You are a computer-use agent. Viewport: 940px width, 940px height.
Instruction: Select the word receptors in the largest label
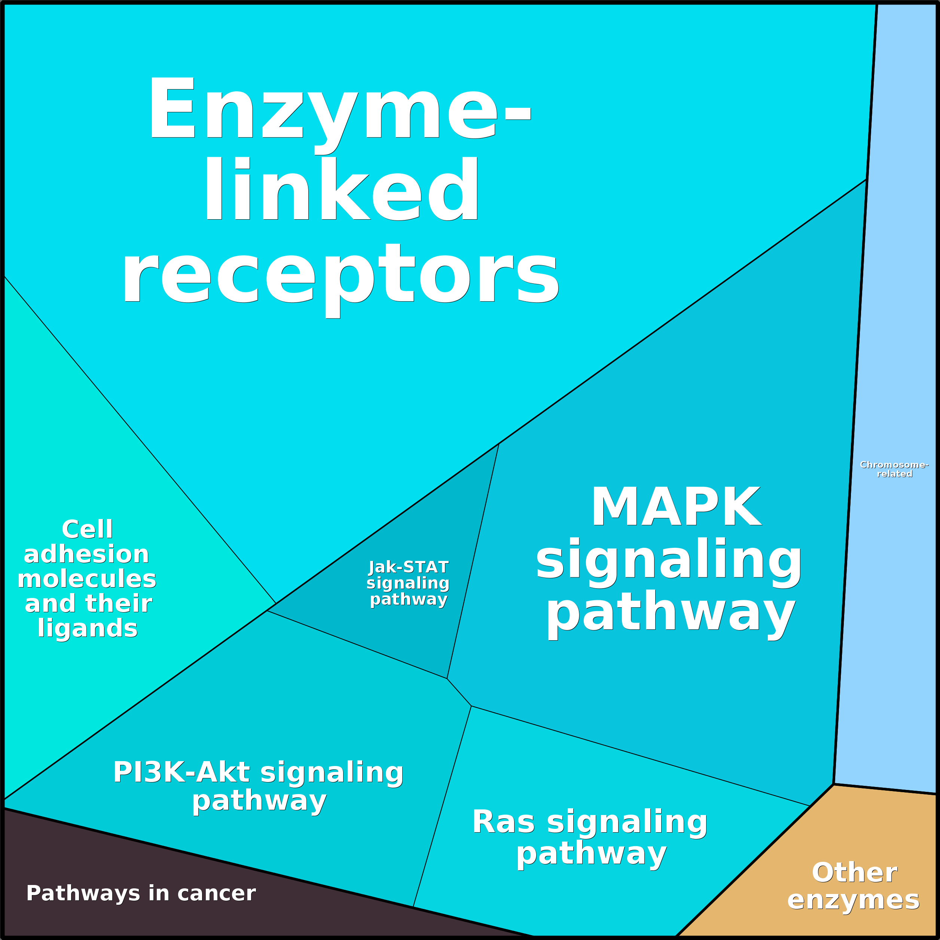click(341, 275)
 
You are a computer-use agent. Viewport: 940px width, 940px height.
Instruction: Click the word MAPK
click(676, 507)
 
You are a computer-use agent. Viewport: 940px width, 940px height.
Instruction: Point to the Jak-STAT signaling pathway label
click(408, 583)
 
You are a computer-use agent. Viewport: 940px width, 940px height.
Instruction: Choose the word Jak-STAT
click(408, 567)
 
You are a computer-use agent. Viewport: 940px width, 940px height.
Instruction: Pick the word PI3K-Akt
click(181, 772)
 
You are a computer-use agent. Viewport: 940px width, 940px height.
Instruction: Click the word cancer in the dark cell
click(217, 893)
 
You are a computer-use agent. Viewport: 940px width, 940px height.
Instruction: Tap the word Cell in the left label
click(88, 529)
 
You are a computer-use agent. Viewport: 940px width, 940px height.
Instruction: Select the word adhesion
click(86, 554)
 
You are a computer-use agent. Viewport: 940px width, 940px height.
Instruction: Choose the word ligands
click(88, 628)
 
